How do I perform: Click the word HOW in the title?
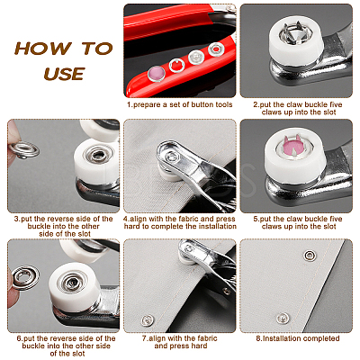43,49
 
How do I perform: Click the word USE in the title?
64,74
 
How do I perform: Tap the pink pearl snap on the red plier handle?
157,74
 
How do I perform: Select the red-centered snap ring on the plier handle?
215,49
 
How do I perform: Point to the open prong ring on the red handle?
176,66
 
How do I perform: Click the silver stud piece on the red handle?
196,57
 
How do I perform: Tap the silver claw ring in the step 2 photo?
296,33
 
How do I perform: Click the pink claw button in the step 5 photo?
292,146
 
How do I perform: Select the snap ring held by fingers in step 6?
26,278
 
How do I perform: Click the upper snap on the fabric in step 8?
310,256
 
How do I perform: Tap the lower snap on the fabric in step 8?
283,319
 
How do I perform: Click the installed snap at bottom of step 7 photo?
148,320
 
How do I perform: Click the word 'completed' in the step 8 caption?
321,338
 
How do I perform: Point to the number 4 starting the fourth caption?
126,219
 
